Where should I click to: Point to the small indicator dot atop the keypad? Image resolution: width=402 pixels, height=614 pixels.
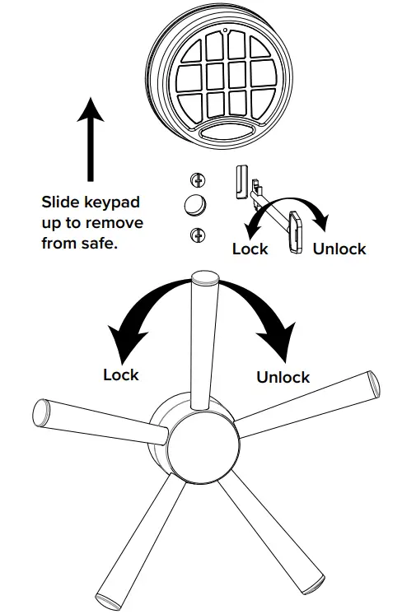pyautogui.click(x=224, y=32)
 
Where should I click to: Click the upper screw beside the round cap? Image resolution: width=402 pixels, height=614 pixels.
pyautogui.click(x=198, y=179)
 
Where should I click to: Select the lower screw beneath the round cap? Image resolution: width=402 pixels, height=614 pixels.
pyautogui.click(x=198, y=235)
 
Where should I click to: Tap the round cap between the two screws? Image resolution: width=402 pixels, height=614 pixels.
pyautogui.click(x=196, y=206)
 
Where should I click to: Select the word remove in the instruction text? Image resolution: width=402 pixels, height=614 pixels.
pyautogui.click(x=123, y=223)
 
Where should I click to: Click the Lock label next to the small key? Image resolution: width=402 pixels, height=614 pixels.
pyautogui.click(x=250, y=249)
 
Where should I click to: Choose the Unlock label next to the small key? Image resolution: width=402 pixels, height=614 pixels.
pyautogui.click(x=339, y=249)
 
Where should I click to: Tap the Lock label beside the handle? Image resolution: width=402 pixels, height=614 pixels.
pyautogui.click(x=121, y=374)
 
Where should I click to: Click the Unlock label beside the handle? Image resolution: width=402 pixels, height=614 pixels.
pyautogui.click(x=283, y=377)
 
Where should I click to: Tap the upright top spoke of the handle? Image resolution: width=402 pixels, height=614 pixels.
pyautogui.click(x=202, y=337)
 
